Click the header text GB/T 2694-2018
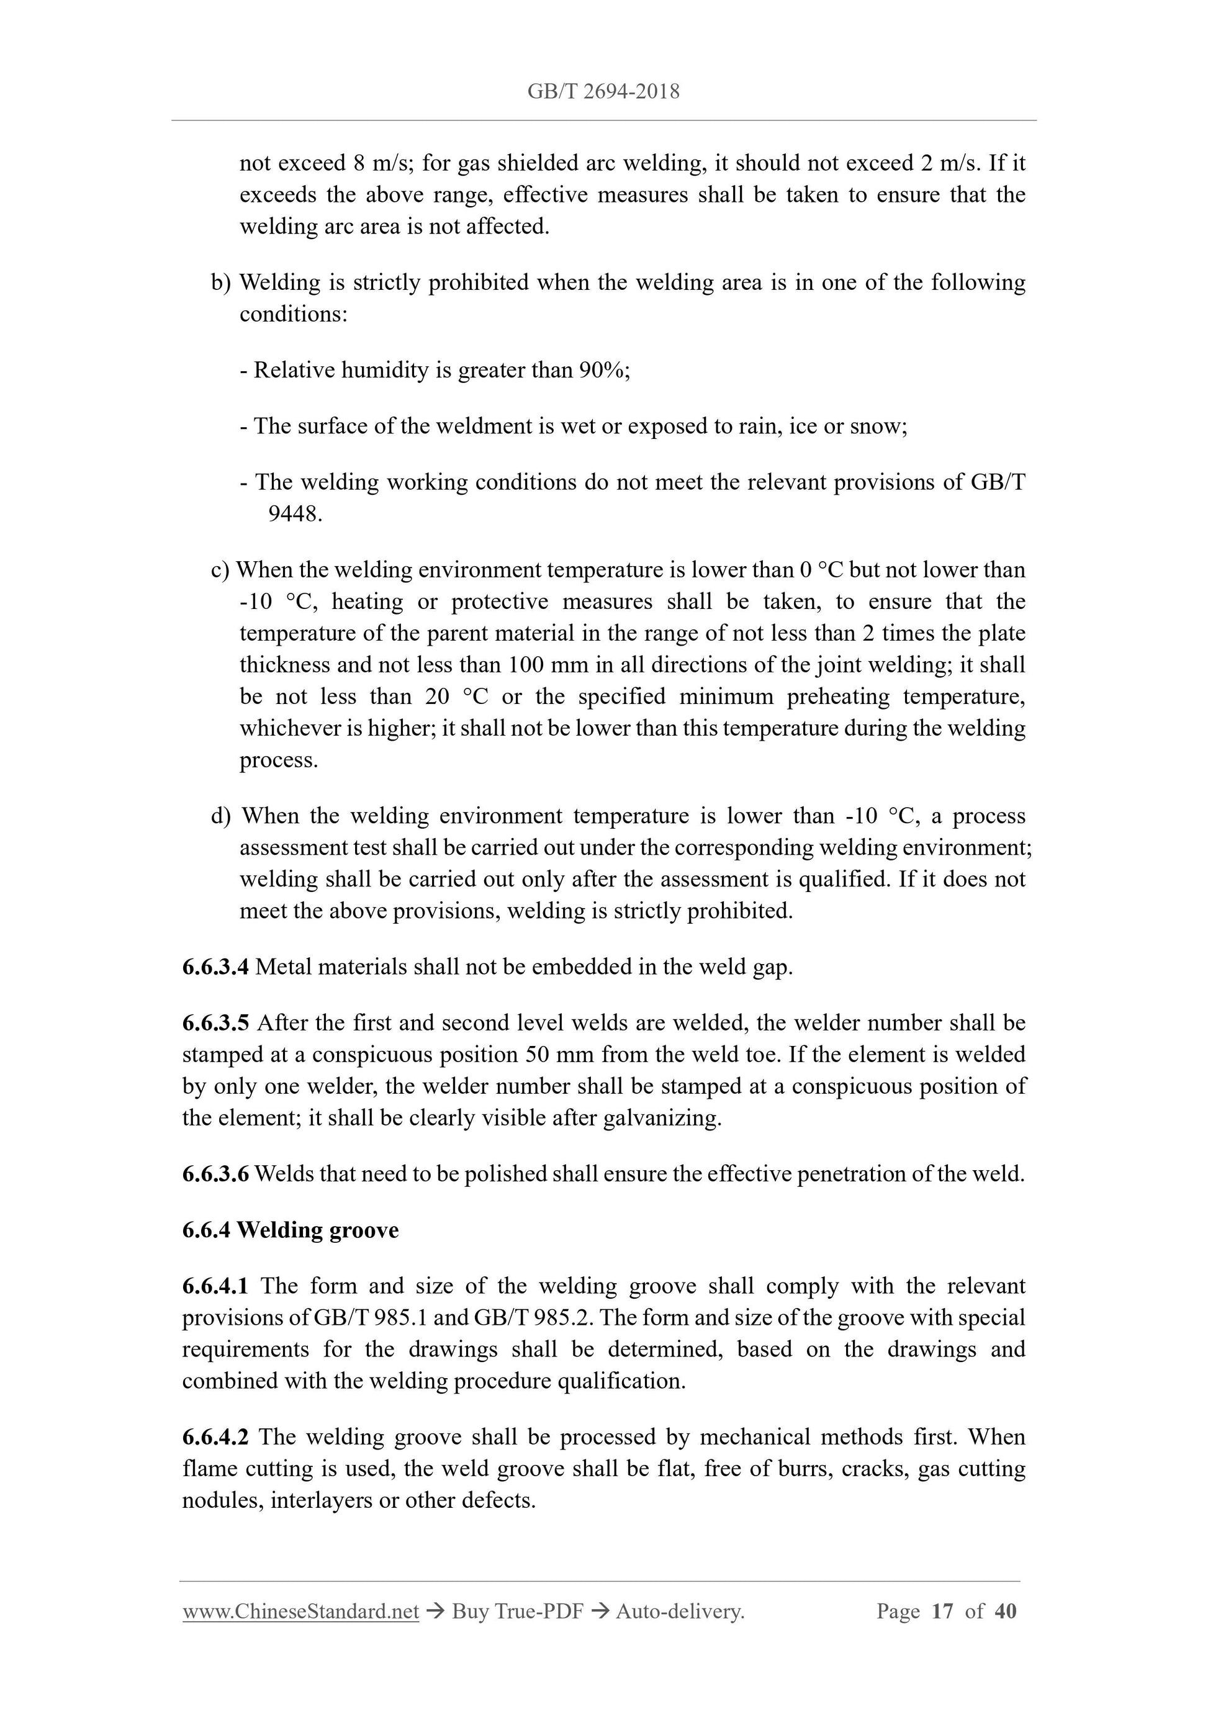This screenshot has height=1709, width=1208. tap(603, 91)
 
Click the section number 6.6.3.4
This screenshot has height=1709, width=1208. tap(215, 967)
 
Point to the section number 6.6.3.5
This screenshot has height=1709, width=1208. tap(215, 1022)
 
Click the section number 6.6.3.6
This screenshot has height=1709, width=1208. tap(215, 1174)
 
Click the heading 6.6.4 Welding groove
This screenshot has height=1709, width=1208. tap(291, 1230)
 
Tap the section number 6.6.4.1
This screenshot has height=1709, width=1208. tap(215, 1286)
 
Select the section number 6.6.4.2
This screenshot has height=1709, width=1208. tap(215, 1436)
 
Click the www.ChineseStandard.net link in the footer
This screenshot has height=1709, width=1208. tap(300, 1612)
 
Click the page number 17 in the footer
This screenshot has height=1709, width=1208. tap(942, 1612)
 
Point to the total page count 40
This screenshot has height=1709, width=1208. tap(1005, 1612)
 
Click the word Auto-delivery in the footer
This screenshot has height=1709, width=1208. tap(680, 1612)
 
